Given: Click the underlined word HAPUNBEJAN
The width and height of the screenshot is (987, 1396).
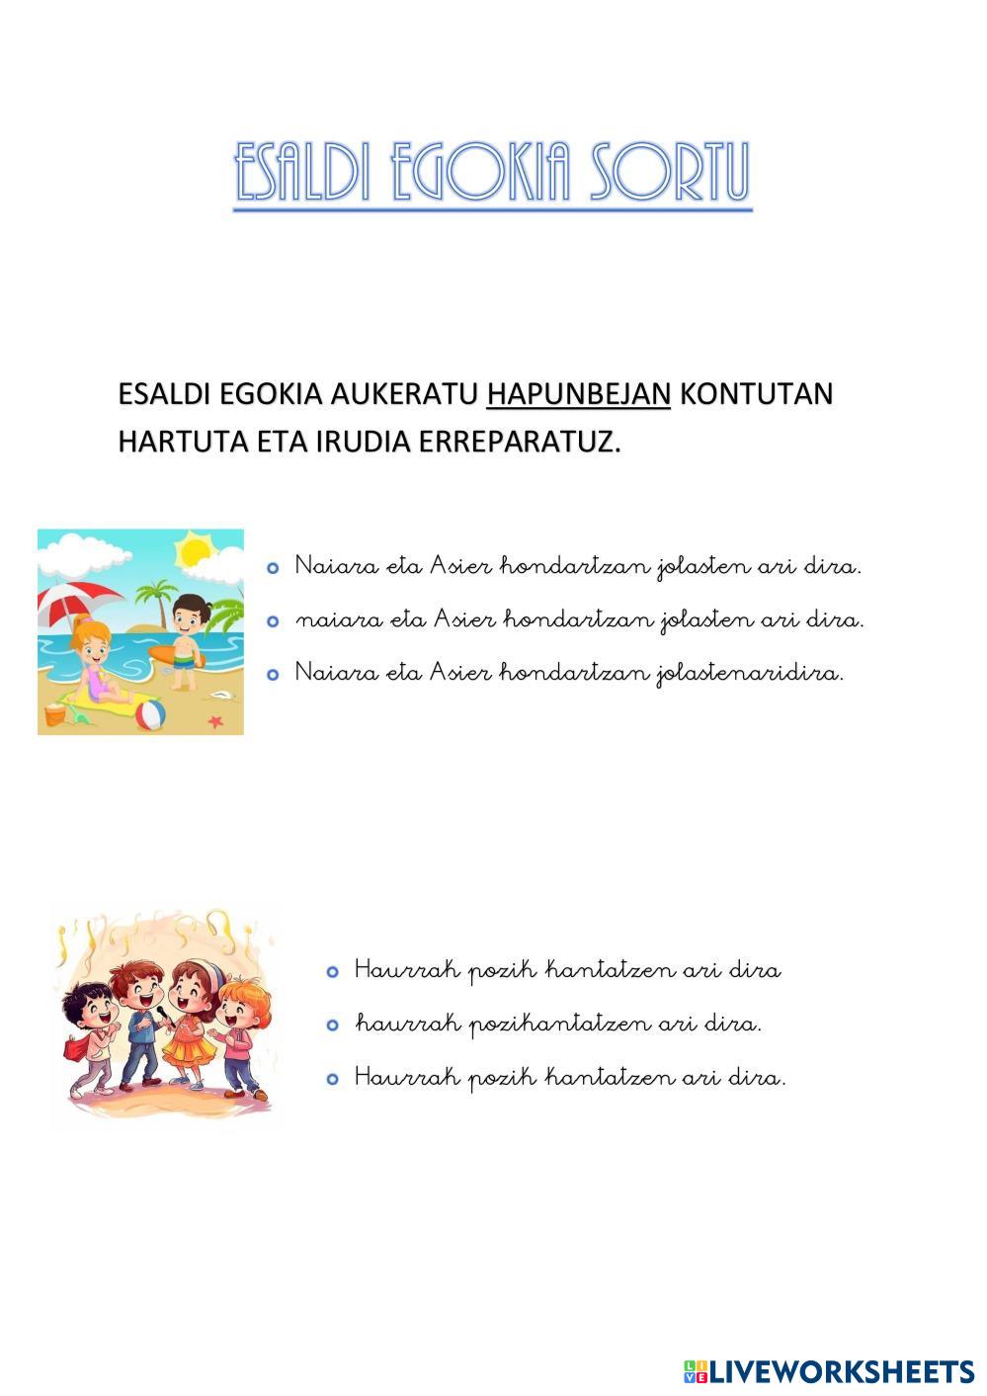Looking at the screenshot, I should coord(578,394).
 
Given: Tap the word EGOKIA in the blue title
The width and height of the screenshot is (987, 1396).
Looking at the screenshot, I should coord(475,173).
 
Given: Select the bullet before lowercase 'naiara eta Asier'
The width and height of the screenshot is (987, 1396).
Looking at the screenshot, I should coord(273,621).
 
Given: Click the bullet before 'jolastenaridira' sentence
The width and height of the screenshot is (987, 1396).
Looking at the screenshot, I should coord(273,675).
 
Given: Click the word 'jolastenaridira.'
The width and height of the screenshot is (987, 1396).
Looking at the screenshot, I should coord(750,674).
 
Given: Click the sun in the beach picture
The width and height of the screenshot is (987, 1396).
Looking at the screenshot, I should coord(194,547).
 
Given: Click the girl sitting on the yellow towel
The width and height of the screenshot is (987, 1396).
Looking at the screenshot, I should coord(95,661).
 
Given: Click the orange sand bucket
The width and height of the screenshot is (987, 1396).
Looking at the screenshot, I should coord(55,713).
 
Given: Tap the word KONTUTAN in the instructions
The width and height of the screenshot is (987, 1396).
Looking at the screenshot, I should coord(756,394).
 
